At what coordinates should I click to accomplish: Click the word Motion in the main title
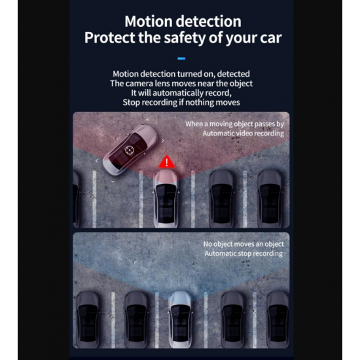pos(149,22)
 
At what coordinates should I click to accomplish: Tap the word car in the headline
pos(271,38)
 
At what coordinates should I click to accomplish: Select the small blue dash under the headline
pos(181,58)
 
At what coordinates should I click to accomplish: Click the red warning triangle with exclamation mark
pos(167,162)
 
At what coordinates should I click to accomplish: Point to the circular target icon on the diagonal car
pos(129,150)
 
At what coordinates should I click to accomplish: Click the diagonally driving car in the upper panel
pos(130,150)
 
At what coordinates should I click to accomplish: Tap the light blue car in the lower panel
pos(181,319)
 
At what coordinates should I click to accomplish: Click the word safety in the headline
pos(185,38)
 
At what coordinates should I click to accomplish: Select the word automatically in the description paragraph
pos(177,93)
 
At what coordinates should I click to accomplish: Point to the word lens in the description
pos(162,83)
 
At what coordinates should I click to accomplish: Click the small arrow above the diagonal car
pos(147,120)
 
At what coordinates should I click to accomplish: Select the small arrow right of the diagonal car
pos(163,141)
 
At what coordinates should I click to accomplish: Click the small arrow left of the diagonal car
pos(97,161)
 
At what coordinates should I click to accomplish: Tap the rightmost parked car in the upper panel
pos(270,198)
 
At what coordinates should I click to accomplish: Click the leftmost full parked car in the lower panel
pos(88,319)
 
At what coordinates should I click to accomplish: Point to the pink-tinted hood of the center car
pos(166,177)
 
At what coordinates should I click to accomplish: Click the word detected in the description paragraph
pos(233,74)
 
